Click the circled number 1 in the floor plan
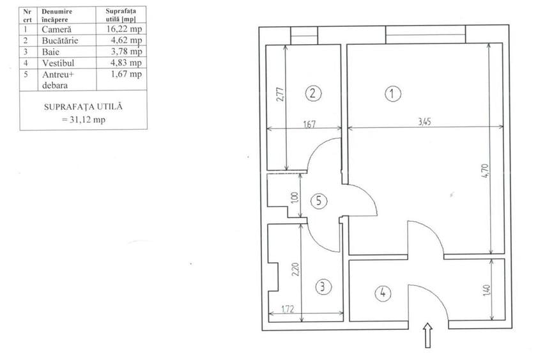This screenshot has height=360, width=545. [393, 94]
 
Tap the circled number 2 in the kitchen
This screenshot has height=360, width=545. [313, 93]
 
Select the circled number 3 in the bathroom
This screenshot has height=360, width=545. [323, 287]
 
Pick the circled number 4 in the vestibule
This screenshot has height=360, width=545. [383, 292]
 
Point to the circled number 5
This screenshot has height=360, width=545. [319, 201]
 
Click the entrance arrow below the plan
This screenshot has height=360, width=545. [428, 335]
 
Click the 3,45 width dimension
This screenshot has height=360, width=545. [424, 121]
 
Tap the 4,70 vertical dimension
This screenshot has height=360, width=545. [485, 171]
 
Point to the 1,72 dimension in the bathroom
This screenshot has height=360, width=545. [288, 308]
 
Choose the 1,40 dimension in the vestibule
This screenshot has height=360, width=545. [487, 290]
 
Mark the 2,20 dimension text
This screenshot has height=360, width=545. [295, 269]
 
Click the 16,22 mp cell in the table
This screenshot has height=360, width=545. [124, 29]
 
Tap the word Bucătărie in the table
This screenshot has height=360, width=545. [60, 40]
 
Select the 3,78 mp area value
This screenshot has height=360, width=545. [126, 52]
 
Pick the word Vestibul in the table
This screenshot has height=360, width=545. [58, 63]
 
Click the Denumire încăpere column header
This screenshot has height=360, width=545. [57, 15]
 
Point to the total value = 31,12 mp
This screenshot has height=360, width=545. [84, 120]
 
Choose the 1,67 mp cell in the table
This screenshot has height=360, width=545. [126, 74]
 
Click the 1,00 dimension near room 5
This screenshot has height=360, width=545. [295, 198]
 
